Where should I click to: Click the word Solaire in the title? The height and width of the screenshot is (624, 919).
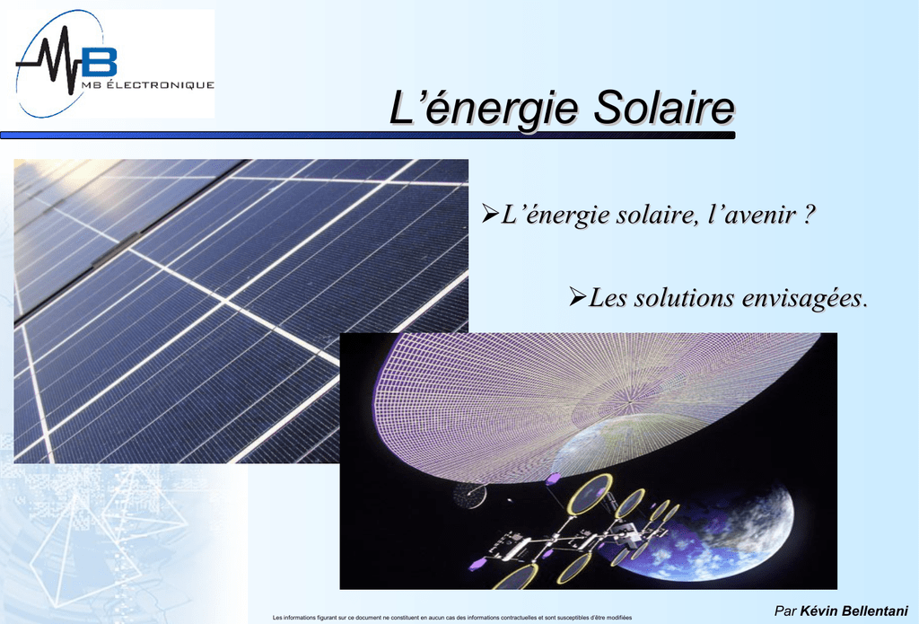[664, 108]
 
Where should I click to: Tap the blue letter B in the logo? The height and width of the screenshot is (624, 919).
[99, 61]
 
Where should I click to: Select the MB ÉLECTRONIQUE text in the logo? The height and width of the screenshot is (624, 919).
[148, 85]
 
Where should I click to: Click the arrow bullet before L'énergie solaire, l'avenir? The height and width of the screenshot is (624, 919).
[490, 213]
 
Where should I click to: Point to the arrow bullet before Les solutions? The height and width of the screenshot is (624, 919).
[577, 296]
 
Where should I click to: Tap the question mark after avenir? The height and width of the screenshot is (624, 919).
[809, 214]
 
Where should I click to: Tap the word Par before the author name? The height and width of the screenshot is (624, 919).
[785, 611]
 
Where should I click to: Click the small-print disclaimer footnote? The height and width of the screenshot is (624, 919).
[452, 618]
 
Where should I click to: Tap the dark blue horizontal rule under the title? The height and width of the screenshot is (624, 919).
[367, 136]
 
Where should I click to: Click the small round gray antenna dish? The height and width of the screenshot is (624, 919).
[470, 497]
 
